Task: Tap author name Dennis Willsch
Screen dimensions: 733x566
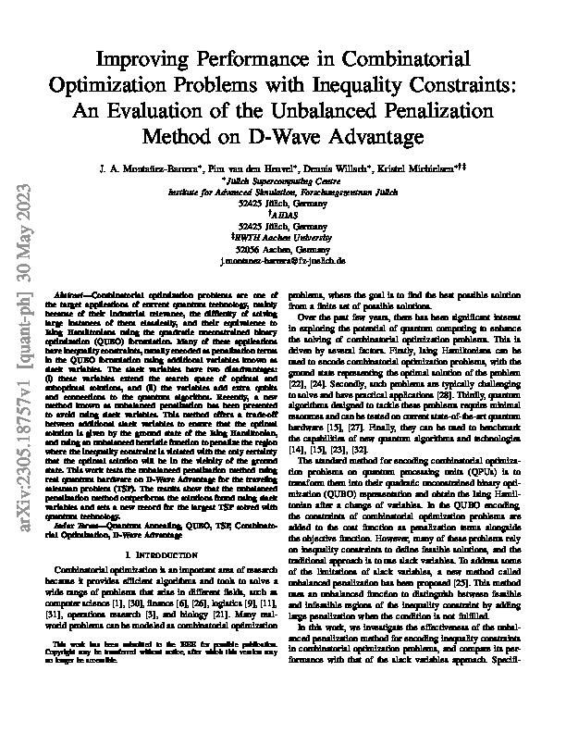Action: click(353, 172)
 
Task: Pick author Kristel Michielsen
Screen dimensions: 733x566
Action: click(427, 172)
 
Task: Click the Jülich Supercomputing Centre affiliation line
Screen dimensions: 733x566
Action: click(283, 183)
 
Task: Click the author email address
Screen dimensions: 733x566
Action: click(283, 261)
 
